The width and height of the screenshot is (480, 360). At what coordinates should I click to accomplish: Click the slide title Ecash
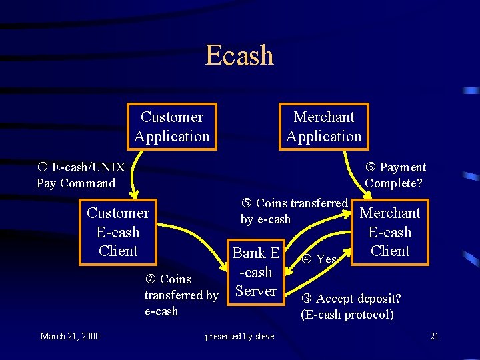coord(239,55)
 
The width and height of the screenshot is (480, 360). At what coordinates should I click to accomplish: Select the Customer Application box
coord(172,127)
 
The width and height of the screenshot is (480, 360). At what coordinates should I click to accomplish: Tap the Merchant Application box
coord(324,127)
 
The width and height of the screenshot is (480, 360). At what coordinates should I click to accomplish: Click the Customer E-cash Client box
coord(118,232)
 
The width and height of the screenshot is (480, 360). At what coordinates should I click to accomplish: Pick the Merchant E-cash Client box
coord(390,232)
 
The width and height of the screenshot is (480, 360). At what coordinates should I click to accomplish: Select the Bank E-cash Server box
coord(255,272)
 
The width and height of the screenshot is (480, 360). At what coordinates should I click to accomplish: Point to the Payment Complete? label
coord(395,175)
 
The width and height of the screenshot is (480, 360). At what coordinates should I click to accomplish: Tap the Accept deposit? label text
coord(352,299)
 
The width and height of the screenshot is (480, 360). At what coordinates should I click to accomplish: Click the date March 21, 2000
coord(70,336)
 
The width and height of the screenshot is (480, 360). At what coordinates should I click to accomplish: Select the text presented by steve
coord(239,336)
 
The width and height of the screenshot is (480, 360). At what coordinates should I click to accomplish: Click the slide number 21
coord(434,336)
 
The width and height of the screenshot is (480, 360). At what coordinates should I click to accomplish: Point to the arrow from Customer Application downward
coord(133,173)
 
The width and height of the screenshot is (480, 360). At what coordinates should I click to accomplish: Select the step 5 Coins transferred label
coord(294,211)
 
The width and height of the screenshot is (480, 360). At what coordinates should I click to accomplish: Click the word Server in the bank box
coord(256,291)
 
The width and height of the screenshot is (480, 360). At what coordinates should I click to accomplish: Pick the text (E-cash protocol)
coord(347,315)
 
